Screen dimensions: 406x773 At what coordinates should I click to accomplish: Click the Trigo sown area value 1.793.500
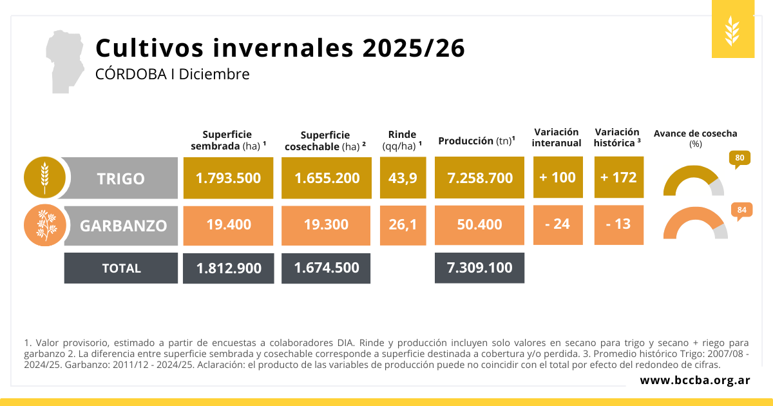click(x=228, y=177)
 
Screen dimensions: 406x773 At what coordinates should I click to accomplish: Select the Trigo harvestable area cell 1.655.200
click(x=327, y=177)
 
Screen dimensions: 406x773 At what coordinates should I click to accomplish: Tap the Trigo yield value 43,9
click(x=403, y=177)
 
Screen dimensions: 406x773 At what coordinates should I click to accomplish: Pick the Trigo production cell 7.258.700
click(x=479, y=177)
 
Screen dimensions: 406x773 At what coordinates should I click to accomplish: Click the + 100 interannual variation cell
click(x=557, y=177)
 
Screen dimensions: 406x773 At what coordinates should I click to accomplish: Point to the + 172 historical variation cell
click(x=618, y=177)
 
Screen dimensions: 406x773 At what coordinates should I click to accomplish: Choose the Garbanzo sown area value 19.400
click(x=228, y=224)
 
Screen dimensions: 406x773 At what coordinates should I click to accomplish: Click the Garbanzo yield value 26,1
click(x=403, y=224)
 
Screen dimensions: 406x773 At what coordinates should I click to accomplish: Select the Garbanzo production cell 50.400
click(x=479, y=224)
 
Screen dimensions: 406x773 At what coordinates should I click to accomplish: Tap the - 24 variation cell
click(x=557, y=224)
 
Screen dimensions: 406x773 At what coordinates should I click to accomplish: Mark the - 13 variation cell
click(x=618, y=224)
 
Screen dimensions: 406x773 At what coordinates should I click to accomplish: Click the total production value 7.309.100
click(x=479, y=267)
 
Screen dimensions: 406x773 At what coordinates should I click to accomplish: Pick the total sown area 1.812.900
click(x=228, y=267)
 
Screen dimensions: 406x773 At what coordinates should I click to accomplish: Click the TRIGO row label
click(x=121, y=179)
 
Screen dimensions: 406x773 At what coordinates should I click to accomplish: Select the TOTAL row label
click(x=121, y=268)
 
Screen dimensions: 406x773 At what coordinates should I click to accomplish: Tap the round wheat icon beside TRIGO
click(x=44, y=177)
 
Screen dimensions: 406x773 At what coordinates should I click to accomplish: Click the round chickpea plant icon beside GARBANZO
click(x=44, y=225)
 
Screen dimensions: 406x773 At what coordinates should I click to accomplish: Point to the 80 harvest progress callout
click(x=740, y=158)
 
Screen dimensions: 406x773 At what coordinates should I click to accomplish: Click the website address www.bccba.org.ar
click(x=694, y=380)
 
